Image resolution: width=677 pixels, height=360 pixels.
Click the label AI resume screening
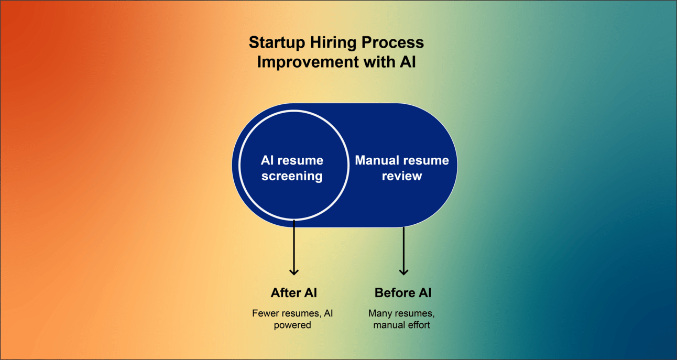[292, 168]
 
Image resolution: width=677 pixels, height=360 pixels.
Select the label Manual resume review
[402, 168]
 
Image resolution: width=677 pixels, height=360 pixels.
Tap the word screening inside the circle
[292, 176]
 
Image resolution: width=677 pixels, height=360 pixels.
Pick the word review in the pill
[402, 176]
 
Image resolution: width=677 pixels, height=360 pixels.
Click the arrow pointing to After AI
[294, 246]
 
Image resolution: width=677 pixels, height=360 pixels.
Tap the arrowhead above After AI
[294, 271]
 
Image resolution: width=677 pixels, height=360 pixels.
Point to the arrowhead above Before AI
[403, 271]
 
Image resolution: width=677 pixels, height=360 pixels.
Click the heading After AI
[294, 292]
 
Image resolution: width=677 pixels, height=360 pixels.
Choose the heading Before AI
[403, 292]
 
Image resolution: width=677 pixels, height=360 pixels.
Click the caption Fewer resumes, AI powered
[292, 319]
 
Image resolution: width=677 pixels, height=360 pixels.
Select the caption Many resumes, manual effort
[402, 319]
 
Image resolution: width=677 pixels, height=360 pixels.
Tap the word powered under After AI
[292, 325]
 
